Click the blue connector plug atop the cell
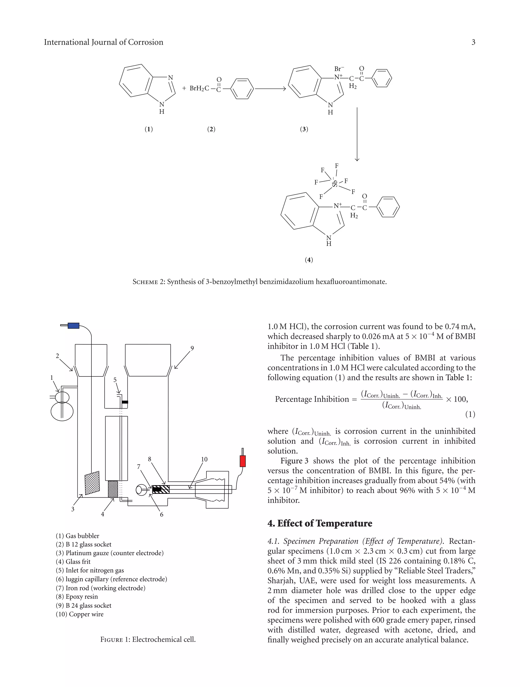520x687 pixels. point(74,326)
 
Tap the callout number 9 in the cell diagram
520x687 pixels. point(192,348)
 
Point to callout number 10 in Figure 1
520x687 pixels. point(204,459)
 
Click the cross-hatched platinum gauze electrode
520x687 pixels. point(92,483)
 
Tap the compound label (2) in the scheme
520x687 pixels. point(211,129)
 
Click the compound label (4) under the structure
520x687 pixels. point(309,260)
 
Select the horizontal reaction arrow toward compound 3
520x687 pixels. point(270,89)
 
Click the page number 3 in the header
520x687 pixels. point(473,42)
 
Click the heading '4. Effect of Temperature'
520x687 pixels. point(320,523)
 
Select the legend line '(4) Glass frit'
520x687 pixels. point(73,561)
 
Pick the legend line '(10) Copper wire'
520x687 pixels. point(80,614)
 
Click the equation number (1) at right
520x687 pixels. point(470,414)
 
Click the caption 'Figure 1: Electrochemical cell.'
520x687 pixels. point(148,639)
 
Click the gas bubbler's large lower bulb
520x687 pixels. point(62,410)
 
